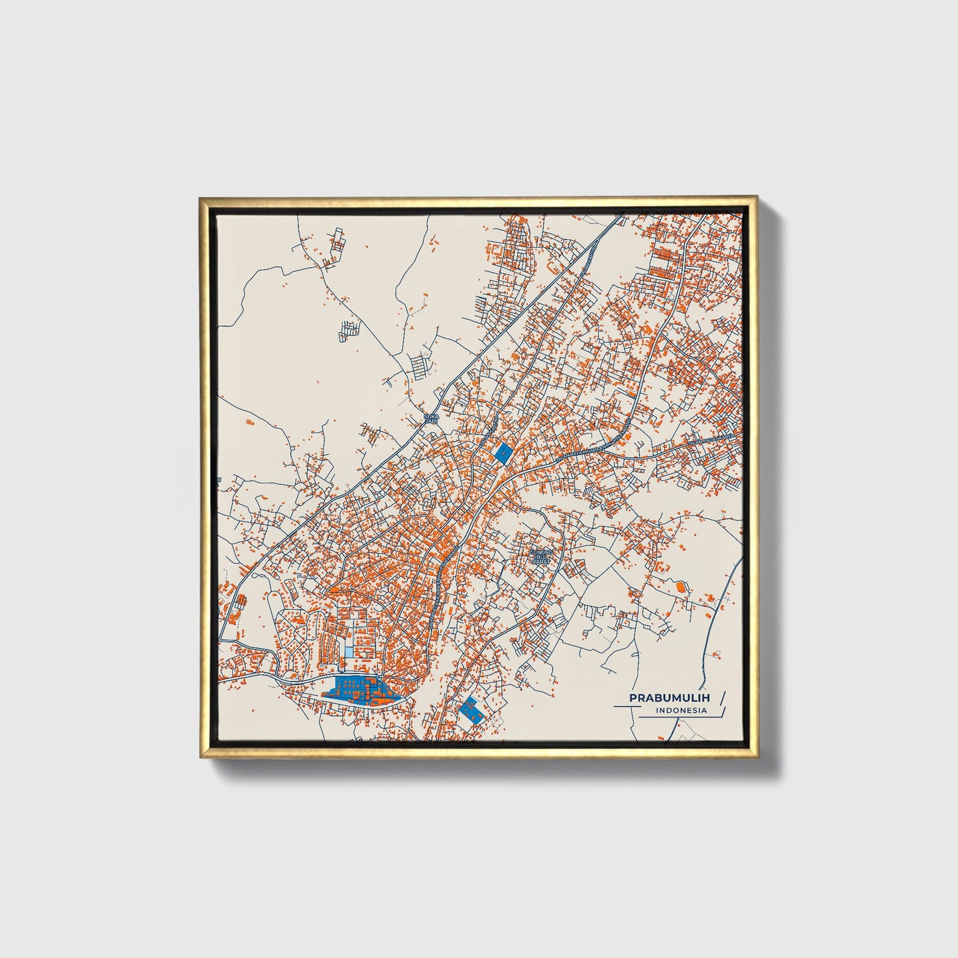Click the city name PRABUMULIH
(x=669, y=698)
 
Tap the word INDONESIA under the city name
(x=681, y=711)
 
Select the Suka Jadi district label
(x=432, y=419)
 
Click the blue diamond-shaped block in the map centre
(x=504, y=452)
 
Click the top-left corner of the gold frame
(x=200, y=198)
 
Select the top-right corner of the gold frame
(x=756, y=198)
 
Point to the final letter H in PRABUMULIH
(x=705, y=698)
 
